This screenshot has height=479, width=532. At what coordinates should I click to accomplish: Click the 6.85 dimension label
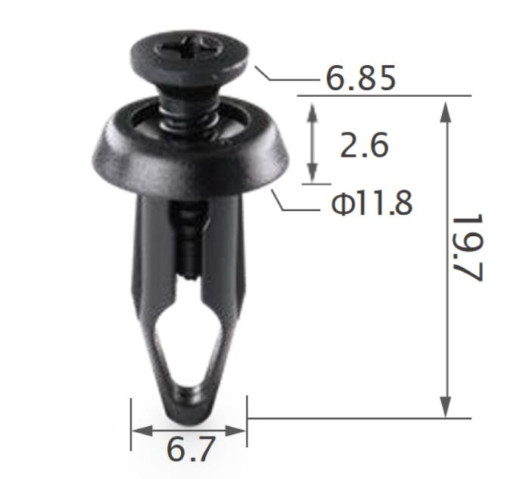360,77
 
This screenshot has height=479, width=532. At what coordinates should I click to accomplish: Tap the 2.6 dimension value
364,145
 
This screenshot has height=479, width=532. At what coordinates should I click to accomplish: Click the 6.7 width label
190,450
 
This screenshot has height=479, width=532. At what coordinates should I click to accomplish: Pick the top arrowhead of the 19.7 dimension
446,106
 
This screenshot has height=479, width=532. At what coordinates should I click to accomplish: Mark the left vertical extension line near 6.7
131,424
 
